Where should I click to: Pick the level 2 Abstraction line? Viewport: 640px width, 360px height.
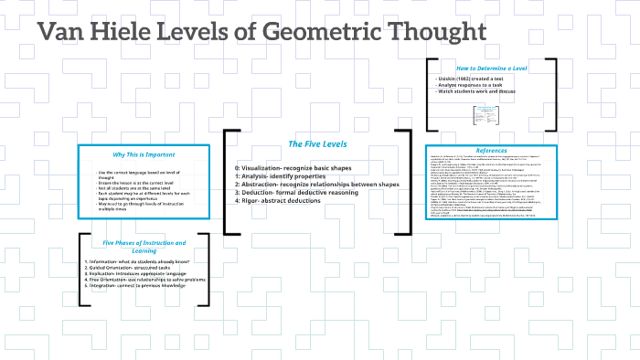click(316, 185)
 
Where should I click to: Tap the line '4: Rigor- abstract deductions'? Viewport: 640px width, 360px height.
click(282, 201)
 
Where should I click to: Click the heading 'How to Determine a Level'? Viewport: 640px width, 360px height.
click(492, 69)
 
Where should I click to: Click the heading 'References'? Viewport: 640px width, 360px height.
click(492, 151)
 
